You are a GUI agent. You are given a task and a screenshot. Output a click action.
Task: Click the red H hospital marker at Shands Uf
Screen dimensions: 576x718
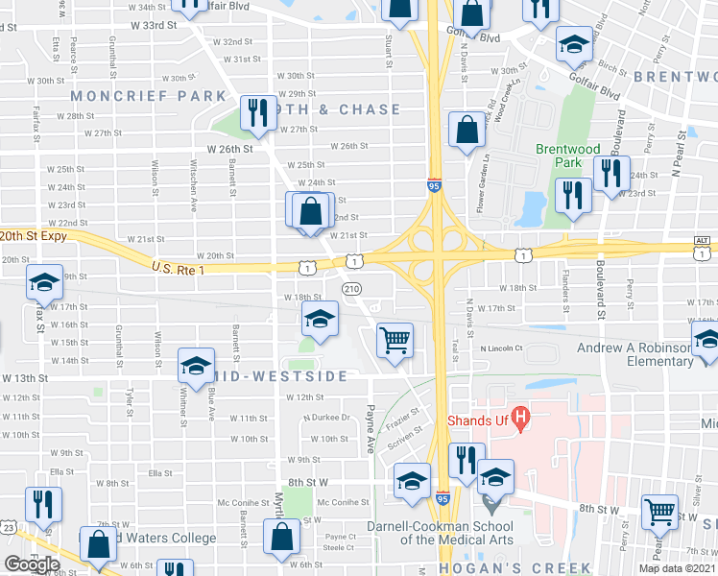pyautogui.click(x=520, y=418)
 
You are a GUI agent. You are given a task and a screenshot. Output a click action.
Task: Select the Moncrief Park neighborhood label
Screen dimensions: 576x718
pyautogui.click(x=147, y=96)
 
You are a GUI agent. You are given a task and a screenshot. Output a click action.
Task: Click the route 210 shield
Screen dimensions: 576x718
pyautogui.click(x=352, y=288)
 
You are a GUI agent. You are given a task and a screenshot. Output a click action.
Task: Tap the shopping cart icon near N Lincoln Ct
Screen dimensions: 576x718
pyautogui.click(x=395, y=341)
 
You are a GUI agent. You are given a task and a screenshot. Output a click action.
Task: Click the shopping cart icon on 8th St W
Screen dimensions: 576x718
pyautogui.click(x=659, y=514)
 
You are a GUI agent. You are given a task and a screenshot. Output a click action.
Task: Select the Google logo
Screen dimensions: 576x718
pyautogui.click(x=32, y=564)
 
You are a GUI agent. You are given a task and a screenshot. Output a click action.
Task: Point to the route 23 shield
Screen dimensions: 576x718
pyautogui.click(x=8, y=527)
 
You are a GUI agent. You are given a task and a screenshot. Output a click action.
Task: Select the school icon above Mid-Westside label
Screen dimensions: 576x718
pyautogui.click(x=320, y=319)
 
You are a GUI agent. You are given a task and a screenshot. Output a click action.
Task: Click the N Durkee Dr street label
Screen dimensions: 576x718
pyautogui.click(x=325, y=418)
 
